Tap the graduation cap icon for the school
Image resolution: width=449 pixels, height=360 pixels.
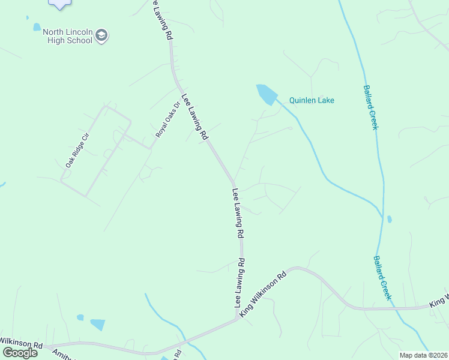(x=102, y=35)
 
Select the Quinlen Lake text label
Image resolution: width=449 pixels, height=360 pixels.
(x=312, y=101)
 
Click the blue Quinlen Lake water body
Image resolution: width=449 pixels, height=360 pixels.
(x=266, y=94)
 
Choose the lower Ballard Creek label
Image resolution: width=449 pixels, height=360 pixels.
(x=382, y=278)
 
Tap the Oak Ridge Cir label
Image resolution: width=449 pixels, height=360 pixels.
(x=77, y=149)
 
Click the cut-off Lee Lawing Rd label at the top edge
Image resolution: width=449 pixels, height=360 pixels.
(x=161, y=19)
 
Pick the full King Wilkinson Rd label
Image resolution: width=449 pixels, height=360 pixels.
(x=264, y=294)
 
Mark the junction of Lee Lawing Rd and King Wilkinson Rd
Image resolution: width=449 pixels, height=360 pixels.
(x=238, y=317)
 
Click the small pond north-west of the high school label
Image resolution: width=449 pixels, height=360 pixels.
(x=37, y=27)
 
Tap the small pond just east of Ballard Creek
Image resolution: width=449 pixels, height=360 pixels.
(x=389, y=219)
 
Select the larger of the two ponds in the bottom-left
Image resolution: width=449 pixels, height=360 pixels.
(x=97, y=325)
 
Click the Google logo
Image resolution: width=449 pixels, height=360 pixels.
(x=20, y=353)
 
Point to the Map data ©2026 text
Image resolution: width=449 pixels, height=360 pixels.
(x=423, y=355)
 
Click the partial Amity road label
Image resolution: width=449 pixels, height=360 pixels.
(x=62, y=355)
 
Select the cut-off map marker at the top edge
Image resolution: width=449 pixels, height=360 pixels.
(x=59, y=4)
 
